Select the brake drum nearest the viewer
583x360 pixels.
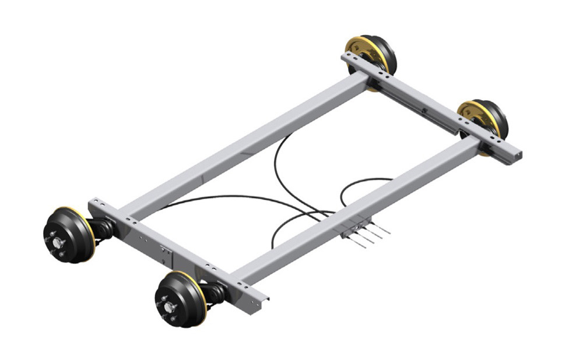pos(178,301)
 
